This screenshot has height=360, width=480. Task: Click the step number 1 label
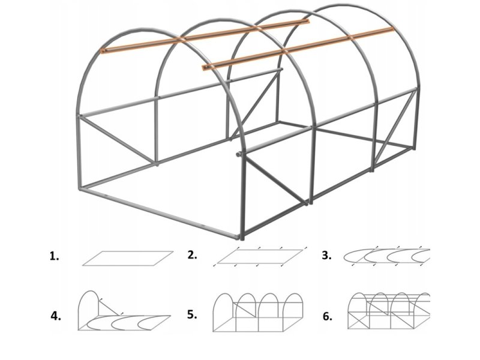point(54,256)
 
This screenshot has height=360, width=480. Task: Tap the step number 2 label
point(192,254)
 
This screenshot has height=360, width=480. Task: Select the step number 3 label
point(326,255)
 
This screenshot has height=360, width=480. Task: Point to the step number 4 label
point(56,316)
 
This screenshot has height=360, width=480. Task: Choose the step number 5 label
point(192,314)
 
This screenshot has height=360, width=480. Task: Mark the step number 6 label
point(328,316)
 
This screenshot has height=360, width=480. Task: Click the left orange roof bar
point(206,36)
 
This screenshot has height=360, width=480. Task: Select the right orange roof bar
point(298,49)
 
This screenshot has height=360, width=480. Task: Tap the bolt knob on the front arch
point(238,154)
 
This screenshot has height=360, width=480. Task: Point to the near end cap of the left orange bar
point(104,51)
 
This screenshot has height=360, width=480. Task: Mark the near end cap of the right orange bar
point(205,68)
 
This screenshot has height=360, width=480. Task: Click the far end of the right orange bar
point(391,29)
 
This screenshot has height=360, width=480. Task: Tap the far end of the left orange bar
point(308,21)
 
